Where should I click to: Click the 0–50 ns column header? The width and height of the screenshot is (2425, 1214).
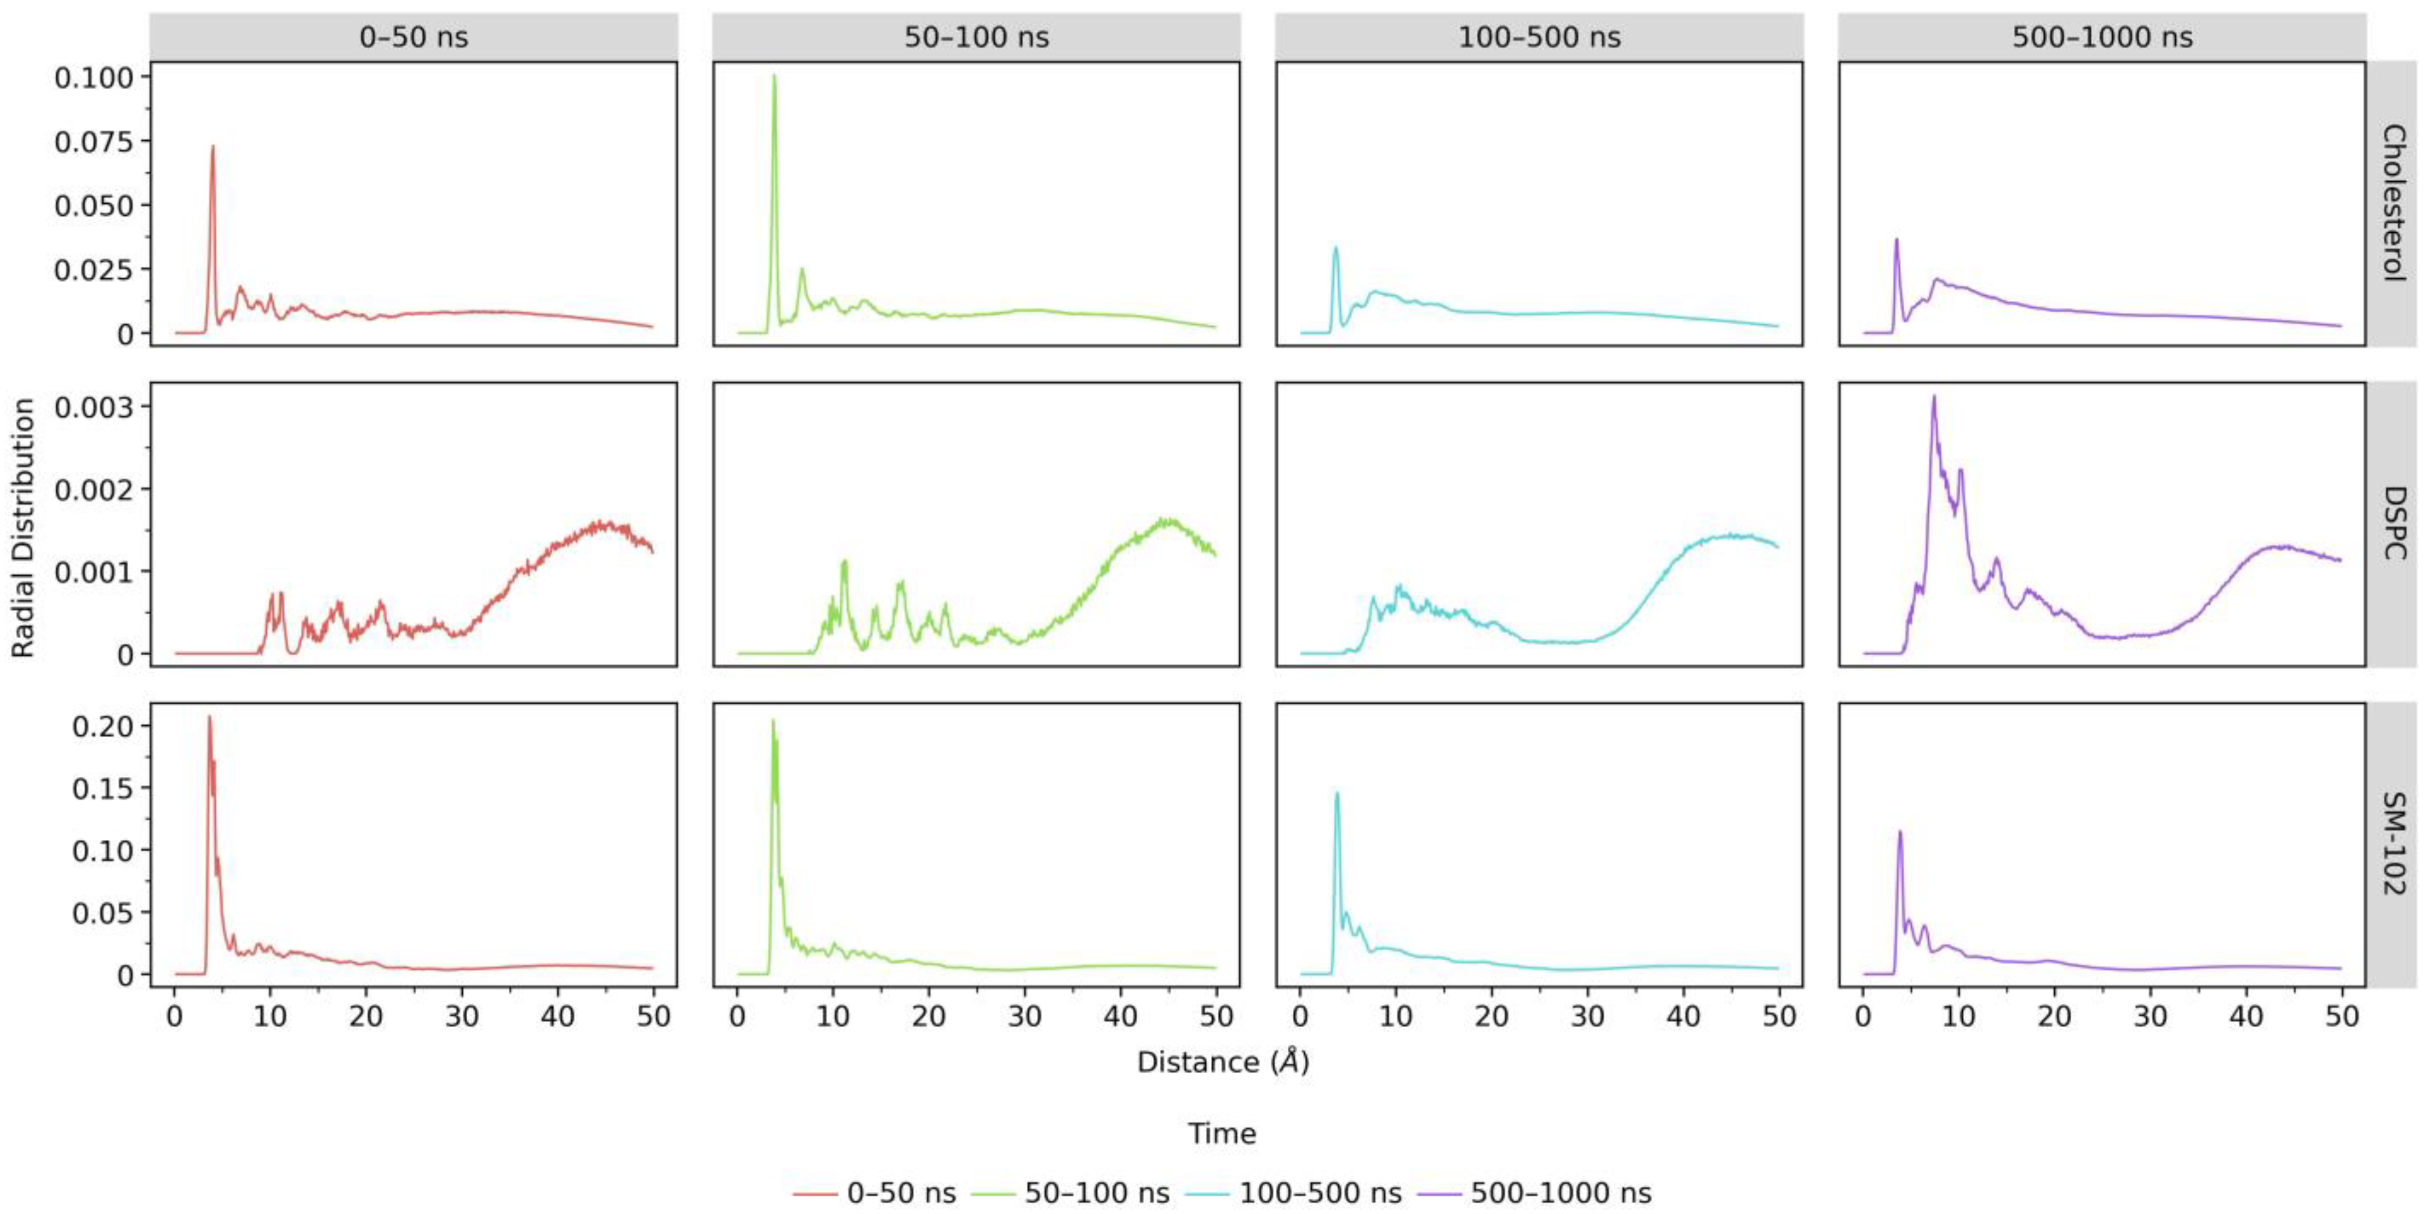pos(413,37)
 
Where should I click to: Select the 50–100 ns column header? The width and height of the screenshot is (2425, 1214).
pos(976,37)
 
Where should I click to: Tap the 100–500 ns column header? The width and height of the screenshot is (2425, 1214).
pos(1539,37)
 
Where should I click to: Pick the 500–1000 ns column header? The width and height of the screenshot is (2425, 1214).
pos(2102,37)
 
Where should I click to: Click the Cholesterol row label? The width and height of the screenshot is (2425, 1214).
pos(2393,203)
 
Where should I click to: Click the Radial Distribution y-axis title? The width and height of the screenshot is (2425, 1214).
pos(23,527)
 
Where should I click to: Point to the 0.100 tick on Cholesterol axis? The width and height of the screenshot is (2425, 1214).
pos(94,77)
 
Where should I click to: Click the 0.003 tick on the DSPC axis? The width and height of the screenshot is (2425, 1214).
pos(94,408)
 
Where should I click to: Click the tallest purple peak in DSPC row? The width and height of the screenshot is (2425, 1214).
pos(1934,396)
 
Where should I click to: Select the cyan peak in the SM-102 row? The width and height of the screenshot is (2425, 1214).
pos(1336,793)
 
